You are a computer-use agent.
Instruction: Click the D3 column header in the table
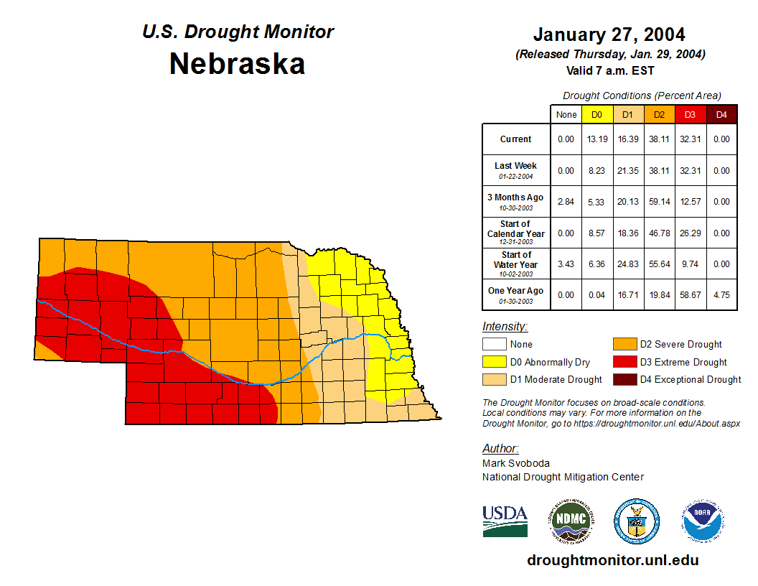[x=690, y=114]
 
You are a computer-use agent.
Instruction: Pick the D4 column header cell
[x=721, y=114]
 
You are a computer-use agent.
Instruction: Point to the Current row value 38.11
[x=659, y=139]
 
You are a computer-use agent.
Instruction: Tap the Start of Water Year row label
[x=515, y=264]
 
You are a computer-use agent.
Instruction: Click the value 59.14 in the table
[x=659, y=202]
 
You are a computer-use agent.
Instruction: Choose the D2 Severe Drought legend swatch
[x=623, y=345]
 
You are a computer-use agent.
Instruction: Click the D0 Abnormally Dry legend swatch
[x=495, y=362]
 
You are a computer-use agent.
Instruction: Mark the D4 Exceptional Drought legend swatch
[x=623, y=379]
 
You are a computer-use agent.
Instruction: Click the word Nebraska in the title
[x=237, y=64]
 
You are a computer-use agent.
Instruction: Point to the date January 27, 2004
[x=609, y=34]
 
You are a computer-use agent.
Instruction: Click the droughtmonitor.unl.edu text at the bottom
[x=612, y=560]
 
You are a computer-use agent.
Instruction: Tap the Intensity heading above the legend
[x=505, y=327]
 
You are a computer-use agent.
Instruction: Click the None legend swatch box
[x=495, y=345]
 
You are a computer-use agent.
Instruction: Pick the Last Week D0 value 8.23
[x=596, y=171]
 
